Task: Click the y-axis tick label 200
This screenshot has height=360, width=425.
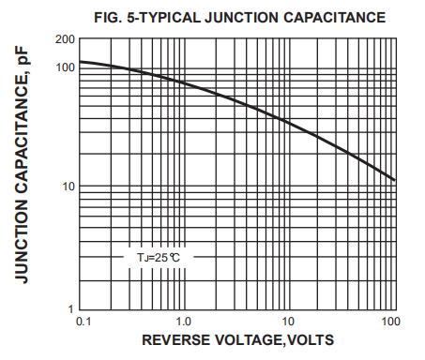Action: (x=65, y=39)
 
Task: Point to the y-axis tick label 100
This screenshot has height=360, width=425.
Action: (x=65, y=67)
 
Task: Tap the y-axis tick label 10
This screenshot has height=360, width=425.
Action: (x=68, y=186)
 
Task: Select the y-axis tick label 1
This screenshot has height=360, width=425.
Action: (x=71, y=308)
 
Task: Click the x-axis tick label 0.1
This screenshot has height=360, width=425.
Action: (x=83, y=322)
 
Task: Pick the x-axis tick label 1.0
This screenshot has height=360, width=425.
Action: (x=185, y=322)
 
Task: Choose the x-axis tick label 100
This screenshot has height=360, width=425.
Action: (x=391, y=322)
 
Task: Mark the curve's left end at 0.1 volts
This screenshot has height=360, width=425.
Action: (x=81, y=62)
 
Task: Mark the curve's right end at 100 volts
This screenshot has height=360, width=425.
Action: (x=395, y=179)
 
